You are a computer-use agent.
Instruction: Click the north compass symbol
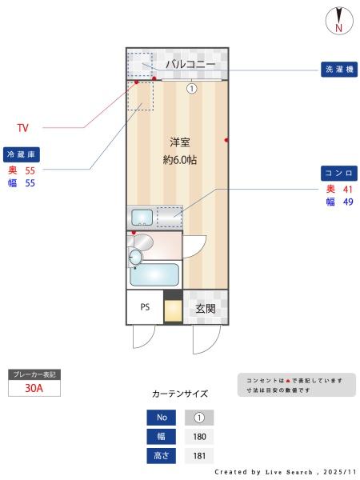point(339,21)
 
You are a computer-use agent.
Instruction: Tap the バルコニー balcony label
point(190,63)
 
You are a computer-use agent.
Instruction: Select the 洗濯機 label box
point(338,70)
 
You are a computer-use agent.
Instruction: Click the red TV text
point(24,127)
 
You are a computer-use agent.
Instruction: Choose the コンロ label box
point(338,173)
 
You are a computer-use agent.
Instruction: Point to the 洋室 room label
point(179,142)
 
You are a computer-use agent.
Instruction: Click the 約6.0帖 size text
point(179,159)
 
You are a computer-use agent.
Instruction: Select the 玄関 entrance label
point(205,308)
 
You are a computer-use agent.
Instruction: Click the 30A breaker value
point(34,389)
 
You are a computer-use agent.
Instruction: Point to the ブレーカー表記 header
point(34,374)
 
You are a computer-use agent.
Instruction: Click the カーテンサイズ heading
point(180,394)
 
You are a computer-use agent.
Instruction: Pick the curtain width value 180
point(199,437)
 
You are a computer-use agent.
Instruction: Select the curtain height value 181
point(199,456)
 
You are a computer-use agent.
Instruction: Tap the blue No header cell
point(161,418)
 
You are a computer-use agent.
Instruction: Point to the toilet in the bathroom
point(136,256)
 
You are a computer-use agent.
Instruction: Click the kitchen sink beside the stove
point(142,217)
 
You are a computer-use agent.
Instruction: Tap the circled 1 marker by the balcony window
point(191,88)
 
